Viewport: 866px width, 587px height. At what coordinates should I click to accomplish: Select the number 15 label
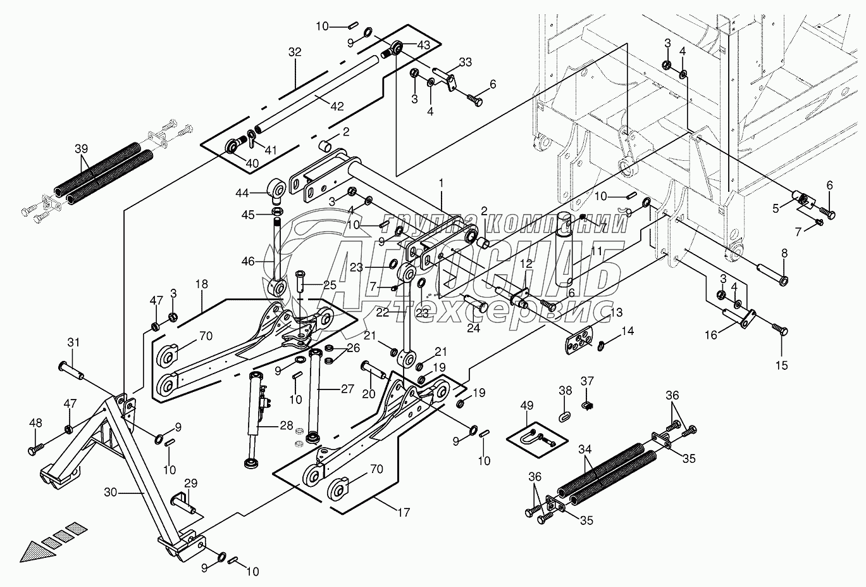click(x=782, y=365)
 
